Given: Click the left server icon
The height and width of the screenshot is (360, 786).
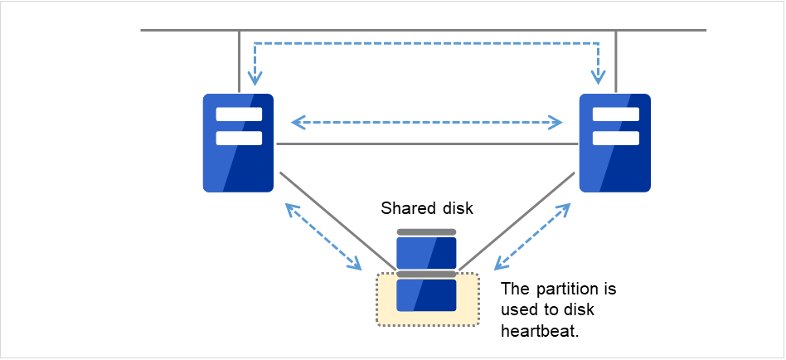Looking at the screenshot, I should click(x=239, y=143).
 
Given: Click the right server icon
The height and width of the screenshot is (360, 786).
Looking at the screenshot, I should click(x=614, y=143).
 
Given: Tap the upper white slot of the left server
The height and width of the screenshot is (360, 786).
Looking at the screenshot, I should click(x=239, y=114).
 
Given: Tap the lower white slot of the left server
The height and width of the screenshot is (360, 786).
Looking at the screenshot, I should click(x=239, y=138).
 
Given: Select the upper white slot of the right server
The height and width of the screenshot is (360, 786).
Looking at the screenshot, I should click(x=615, y=114).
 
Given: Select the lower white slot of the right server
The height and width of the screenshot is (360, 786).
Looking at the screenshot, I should click(x=615, y=138).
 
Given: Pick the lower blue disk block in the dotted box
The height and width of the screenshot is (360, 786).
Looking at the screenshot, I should click(x=426, y=294).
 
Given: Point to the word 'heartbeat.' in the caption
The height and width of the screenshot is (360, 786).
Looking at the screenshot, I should click(x=536, y=330).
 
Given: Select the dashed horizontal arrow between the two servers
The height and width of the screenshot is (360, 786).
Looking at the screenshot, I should click(x=427, y=124).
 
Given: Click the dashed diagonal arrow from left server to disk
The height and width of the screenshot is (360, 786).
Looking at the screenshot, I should click(x=323, y=237).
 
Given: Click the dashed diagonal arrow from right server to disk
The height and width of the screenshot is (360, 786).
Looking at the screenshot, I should click(x=532, y=236).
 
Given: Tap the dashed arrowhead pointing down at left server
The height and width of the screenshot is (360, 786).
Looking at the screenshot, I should click(x=255, y=80).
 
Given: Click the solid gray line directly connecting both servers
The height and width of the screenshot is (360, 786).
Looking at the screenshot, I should click(x=427, y=144).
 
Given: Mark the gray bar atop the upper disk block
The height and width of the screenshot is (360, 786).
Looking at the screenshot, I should click(x=426, y=232).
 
